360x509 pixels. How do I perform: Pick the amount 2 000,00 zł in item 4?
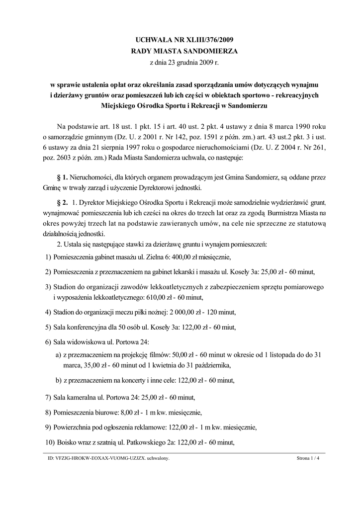coord(180,312)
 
